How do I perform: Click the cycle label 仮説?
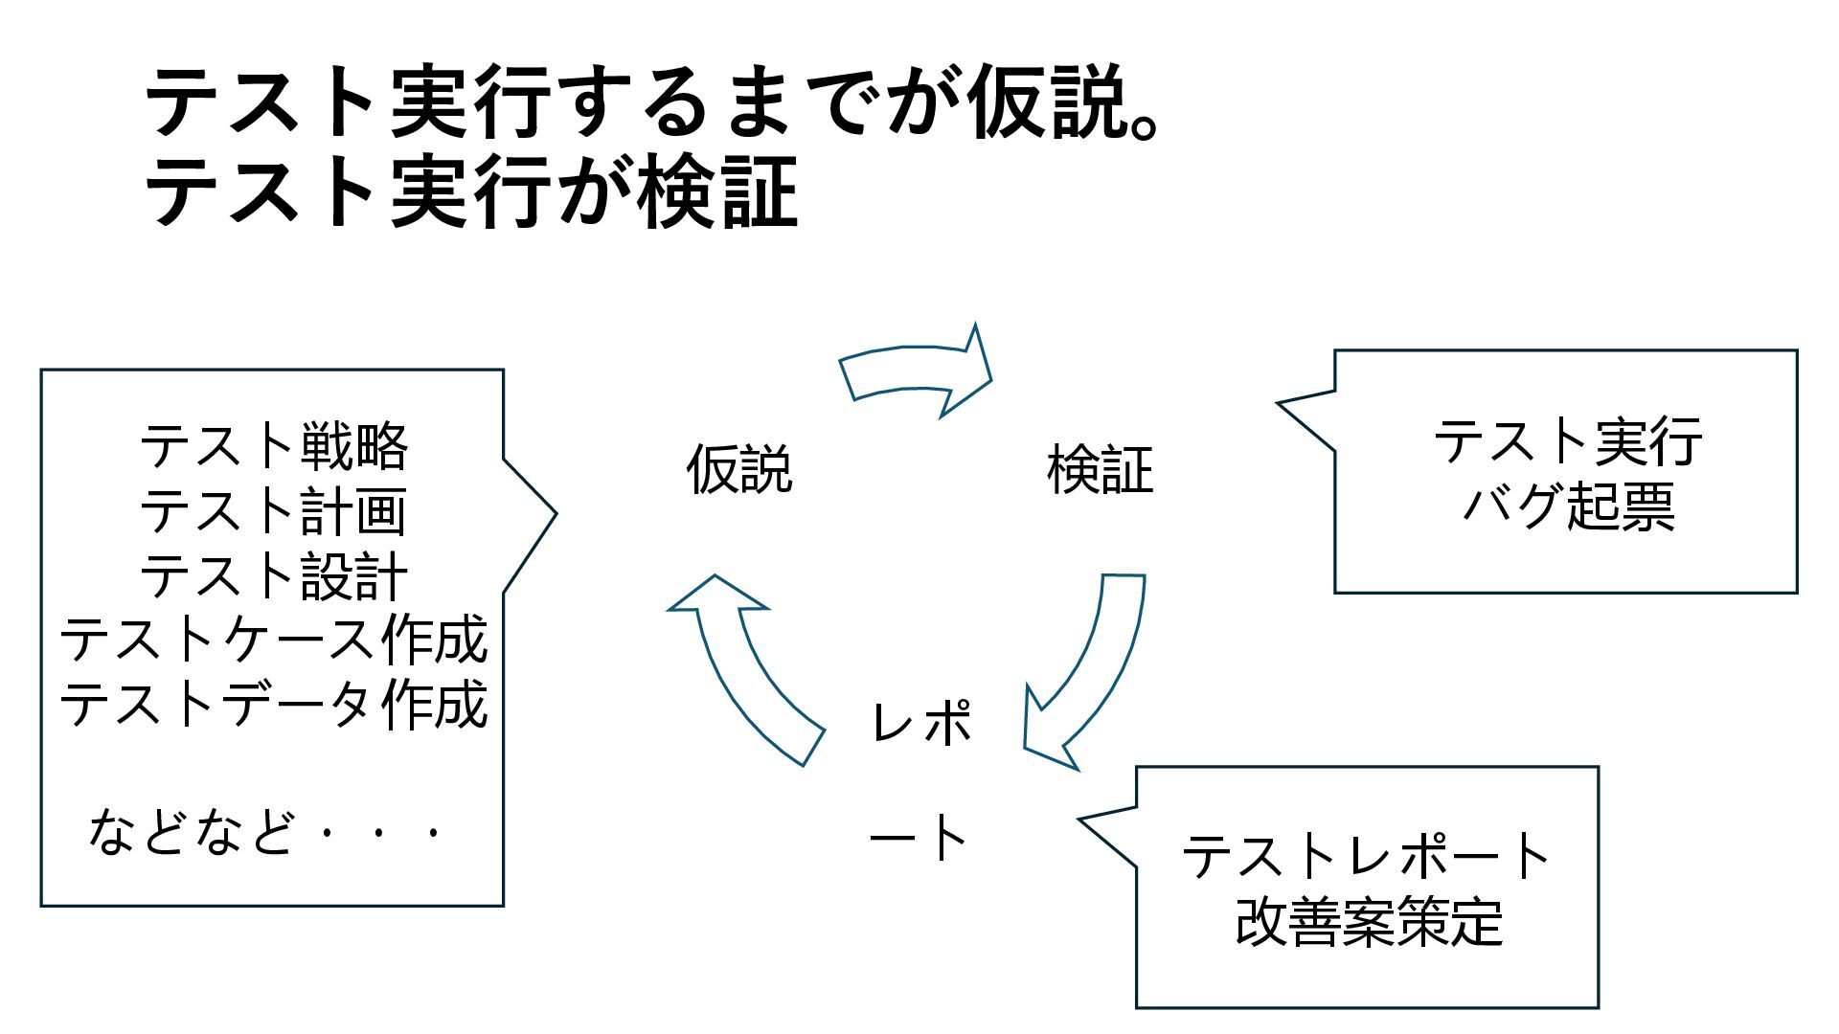(x=739, y=469)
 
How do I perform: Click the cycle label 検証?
(x=1101, y=469)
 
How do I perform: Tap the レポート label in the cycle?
(x=920, y=779)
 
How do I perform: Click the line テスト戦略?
(x=274, y=446)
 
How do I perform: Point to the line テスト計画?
(x=274, y=510)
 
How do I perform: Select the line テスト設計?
(x=274, y=574)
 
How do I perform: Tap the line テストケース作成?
(x=274, y=640)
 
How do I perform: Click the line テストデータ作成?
(x=274, y=704)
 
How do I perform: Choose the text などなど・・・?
(x=266, y=831)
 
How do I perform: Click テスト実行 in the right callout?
(x=1567, y=441)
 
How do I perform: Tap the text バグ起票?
(x=1567, y=506)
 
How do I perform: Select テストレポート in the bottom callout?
(x=1367, y=856)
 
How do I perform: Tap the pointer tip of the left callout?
(x=555, y=513)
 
